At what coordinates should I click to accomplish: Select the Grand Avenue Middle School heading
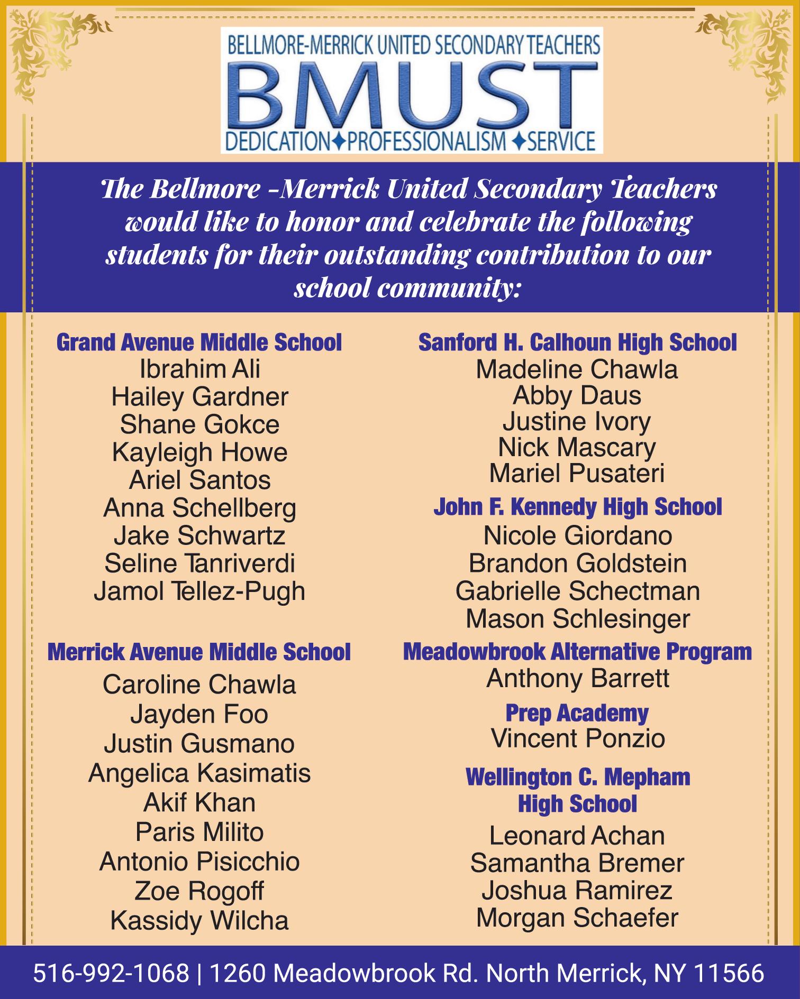[199, 343]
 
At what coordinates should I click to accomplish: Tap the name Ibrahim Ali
[199, 369]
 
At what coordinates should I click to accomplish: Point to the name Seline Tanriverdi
[199, 563]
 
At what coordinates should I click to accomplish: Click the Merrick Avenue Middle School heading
[199, 652]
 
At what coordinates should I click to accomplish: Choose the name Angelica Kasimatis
[199, 773]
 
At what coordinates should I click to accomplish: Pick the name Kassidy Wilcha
[199, 921]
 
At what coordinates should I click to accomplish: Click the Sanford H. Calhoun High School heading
[577, 343]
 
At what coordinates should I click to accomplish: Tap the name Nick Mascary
[577, 448]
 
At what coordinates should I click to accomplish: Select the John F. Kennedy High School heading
[577, 507]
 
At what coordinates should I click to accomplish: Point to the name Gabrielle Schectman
[577, 591]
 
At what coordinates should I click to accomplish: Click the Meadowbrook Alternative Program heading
[577, 652]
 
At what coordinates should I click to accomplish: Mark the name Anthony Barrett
[577, 679]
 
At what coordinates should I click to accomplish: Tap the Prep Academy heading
[577, 713]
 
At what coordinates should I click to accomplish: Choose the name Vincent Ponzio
[577, 739]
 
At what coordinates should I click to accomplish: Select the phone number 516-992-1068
[111, 973]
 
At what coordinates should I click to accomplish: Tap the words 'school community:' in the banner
[407, 289]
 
